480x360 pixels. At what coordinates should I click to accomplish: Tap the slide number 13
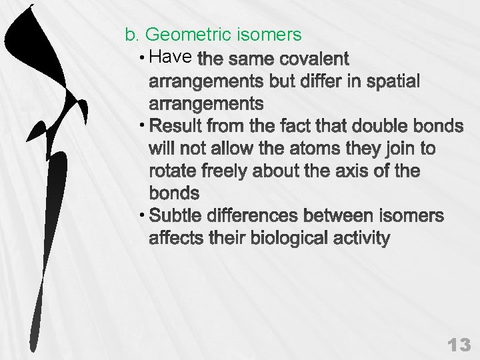[x=459, y=345]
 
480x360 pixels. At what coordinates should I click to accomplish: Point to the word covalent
[x=313, y=59]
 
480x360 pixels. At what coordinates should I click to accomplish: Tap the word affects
[x=175, y=239]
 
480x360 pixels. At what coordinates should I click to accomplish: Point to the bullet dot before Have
[x=145, y=58]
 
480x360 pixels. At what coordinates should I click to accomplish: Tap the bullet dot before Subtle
[x=145, y=216]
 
